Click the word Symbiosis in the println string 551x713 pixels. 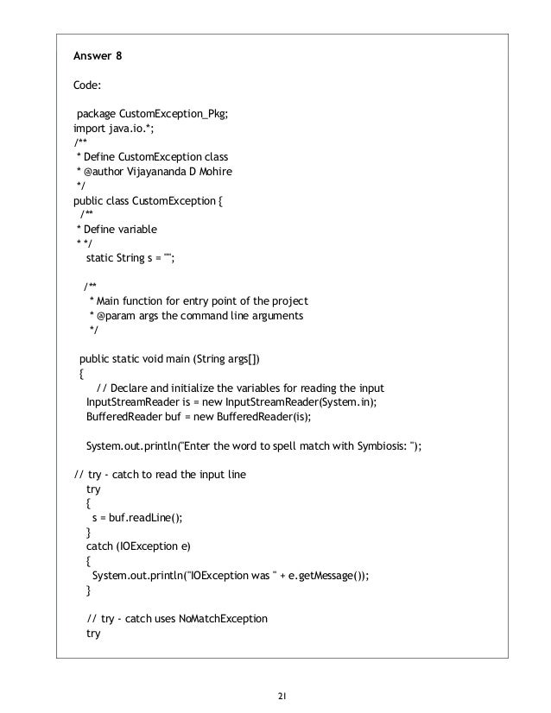(351, 445)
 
